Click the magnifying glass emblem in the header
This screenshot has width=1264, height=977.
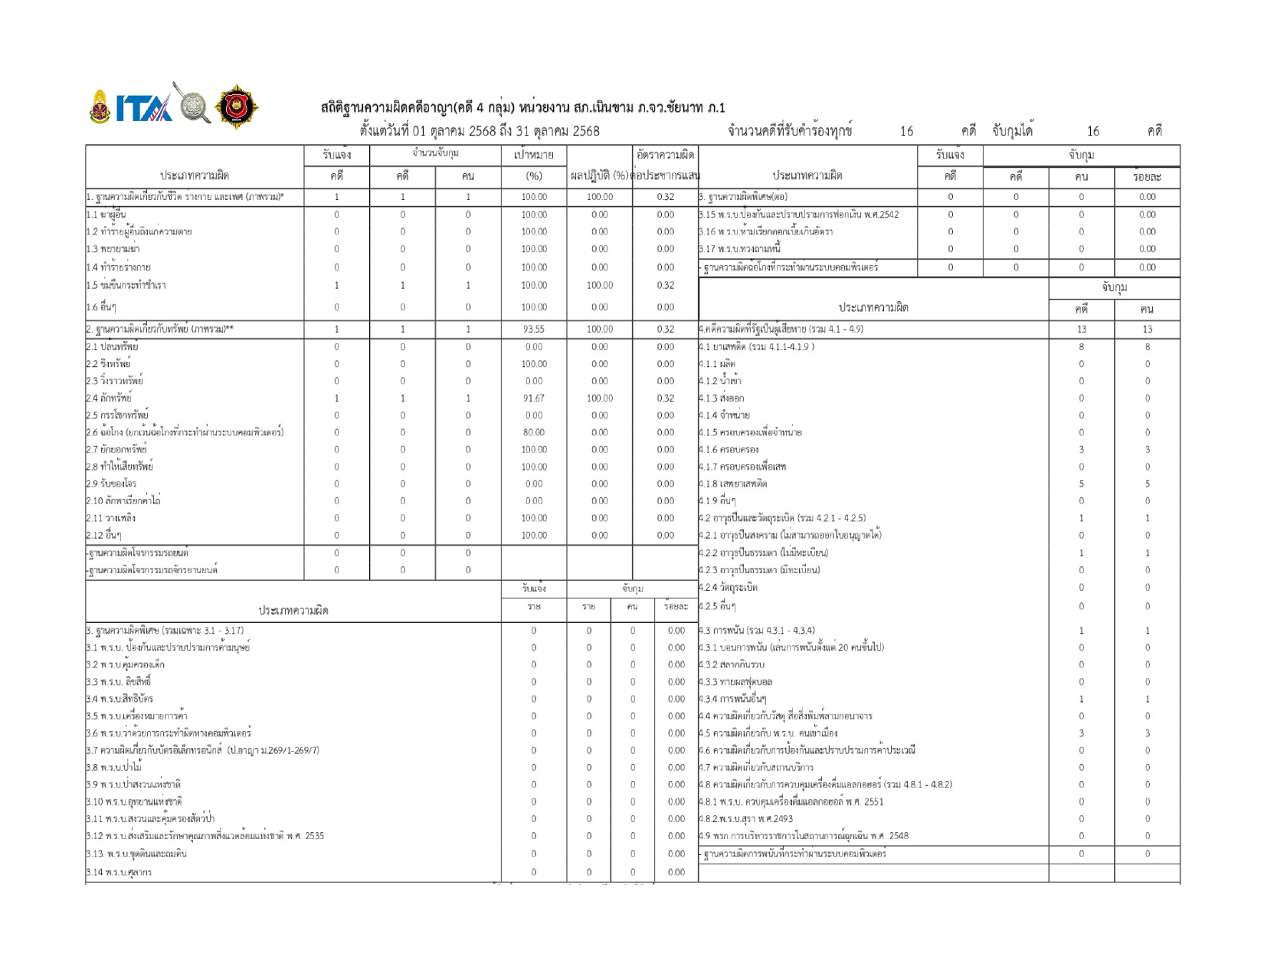coord(193,104)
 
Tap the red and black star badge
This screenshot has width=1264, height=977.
coord(237,107)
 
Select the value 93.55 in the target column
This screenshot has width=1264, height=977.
coord(534,329)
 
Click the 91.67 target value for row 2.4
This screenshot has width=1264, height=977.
coord(534,398)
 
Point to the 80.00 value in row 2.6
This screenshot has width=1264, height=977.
coord(534,433)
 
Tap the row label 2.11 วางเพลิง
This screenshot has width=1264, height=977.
coord(111,519)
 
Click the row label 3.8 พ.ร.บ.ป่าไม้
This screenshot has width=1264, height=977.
coord(114,768)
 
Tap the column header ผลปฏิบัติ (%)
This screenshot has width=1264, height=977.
coord(600,176)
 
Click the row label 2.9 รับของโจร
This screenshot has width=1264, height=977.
coord(112,484)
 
